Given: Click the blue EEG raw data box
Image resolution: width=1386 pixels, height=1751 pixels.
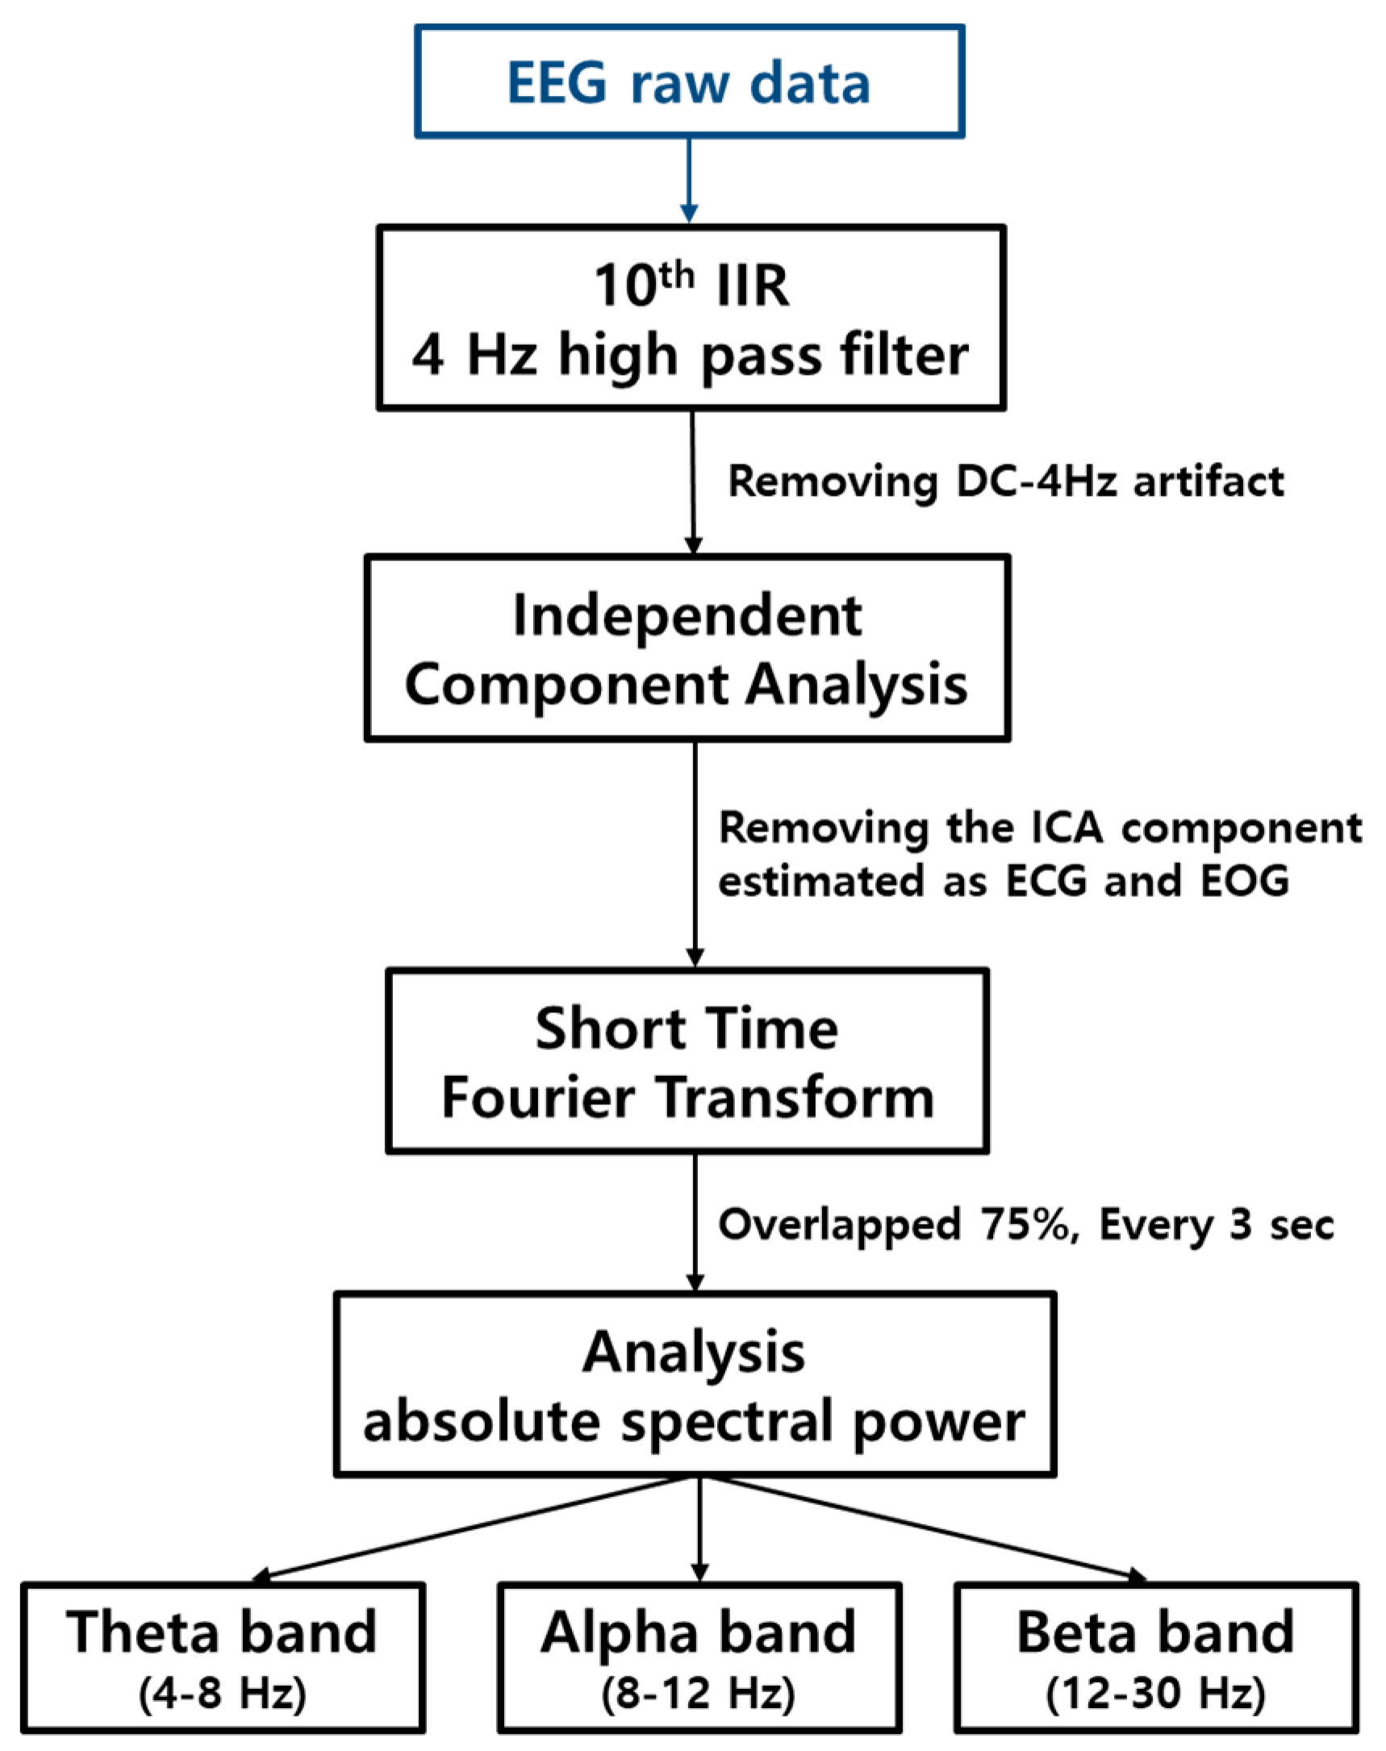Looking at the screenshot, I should [689, 81].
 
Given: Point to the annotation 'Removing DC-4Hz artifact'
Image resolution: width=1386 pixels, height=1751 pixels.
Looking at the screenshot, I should [1005, 482].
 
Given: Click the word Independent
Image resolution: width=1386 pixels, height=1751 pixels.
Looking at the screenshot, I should [687, 615].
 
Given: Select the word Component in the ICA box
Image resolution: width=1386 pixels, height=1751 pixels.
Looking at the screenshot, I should [566, 684].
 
